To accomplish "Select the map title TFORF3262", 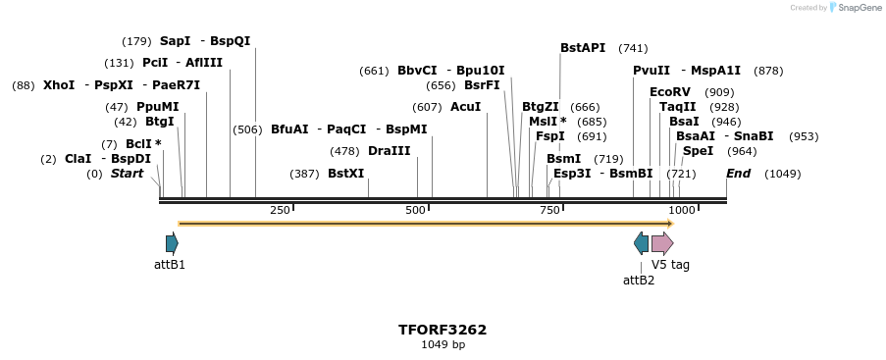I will pyautogui.click(x=443, y=330).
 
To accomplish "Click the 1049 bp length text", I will pyautogui.click(x=443, y=345).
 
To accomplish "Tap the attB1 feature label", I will pyautogui.click(x=170, y=265).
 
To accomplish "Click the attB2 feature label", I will pyautogui.click(x=639, y=280).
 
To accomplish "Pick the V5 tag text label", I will pyautogui.click(x=671, y=265).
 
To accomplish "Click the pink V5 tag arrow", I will pyautogui.click(x=662, y=243).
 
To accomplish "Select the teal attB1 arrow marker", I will pyautogui.click(x=172, y=243).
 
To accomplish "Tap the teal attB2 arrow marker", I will pyautogui.click(x=641, y=243).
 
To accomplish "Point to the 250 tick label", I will pyautogui.click(x=280, y=210).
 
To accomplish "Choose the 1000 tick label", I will pyautogui.click(x=682, y=210).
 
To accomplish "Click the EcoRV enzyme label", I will pyautogui.click(x=670, y=92).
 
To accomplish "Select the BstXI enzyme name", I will pyautogui.click(x=345, y=174).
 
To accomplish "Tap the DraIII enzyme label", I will pyautogui.click(x=389, y=151).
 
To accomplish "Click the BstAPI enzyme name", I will pyautogui.click(x=583, y=48).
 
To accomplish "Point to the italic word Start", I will pyautogui.click(x=127, y=174).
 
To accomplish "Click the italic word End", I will pyautogui.click(x=738, y=174).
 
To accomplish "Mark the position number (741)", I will pyautogui.click(x=633, y=48).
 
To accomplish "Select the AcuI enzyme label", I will pyautogui.click(x=465, y=107).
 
